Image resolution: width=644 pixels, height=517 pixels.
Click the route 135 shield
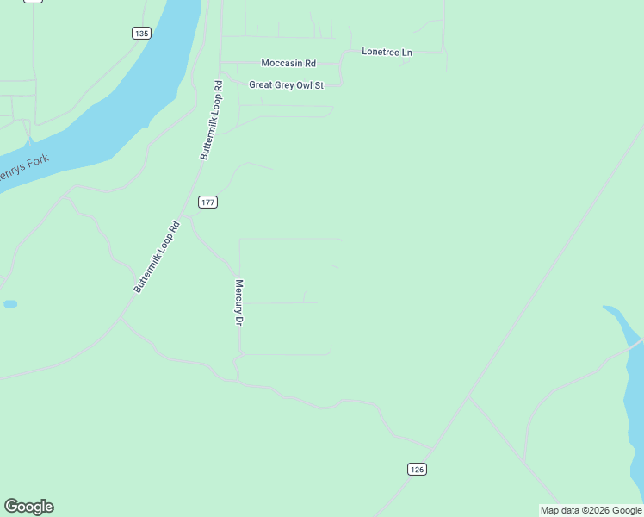(142, 34)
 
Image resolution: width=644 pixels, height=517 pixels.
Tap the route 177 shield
(207, 202)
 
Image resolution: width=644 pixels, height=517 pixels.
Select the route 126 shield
(417, 469)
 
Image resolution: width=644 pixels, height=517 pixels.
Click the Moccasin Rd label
(288, 64)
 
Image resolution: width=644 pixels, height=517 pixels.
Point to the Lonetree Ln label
(387, 53)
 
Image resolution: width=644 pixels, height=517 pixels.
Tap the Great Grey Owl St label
(286, 85)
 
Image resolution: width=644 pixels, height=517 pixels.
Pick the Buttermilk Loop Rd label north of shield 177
(212, 120)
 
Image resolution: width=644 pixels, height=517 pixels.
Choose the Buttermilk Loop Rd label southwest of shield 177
(156, 257)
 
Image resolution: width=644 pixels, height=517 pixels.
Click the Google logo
(28, 507)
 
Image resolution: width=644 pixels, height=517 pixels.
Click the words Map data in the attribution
(560, 511)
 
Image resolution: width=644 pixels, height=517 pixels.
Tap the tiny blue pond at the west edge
(9, 304)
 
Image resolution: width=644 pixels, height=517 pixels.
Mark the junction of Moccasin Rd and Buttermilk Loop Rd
(221, 64)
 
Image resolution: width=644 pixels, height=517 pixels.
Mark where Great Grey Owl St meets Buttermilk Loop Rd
(221, 85)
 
